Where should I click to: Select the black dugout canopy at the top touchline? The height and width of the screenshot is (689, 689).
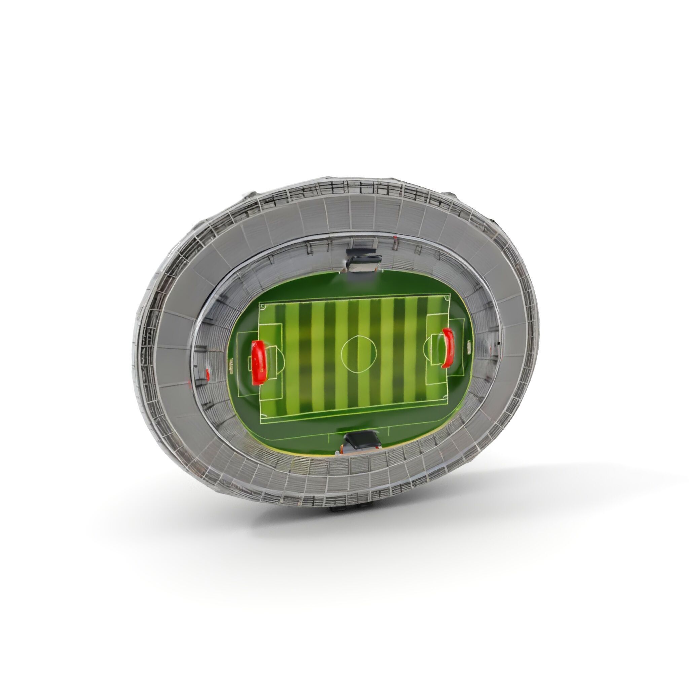pos(364,259)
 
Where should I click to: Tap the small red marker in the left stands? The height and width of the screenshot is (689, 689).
pos(208,375)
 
